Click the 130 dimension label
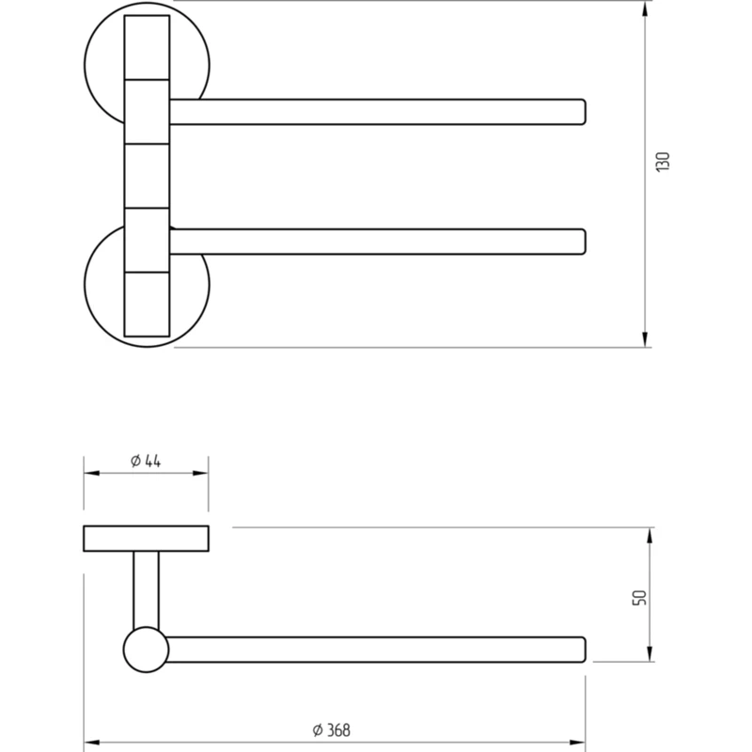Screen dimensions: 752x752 (663, 162)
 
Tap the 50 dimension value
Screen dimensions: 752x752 (640, 598)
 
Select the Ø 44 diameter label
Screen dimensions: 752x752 (146, 461)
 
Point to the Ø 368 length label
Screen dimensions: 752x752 (332, 730)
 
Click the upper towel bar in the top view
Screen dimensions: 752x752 (378, 112)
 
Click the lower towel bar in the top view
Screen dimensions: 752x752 (378, 242)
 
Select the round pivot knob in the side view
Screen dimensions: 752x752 (146, 650)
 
